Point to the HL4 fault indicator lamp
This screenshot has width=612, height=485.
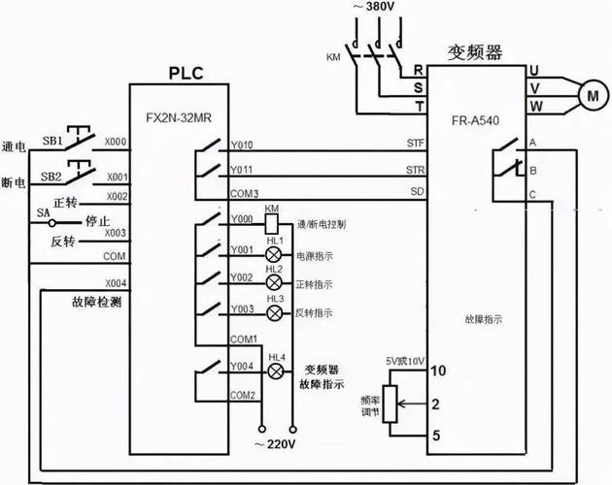[276, 371]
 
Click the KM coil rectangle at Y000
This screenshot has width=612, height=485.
[272, 222]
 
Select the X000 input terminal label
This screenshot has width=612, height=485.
[117, 141]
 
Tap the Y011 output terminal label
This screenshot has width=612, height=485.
[241, 171]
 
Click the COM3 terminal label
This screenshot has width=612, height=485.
[243, 194]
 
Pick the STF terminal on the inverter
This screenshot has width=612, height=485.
[415, 144]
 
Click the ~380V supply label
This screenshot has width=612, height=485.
[375, 8]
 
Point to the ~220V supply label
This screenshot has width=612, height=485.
[277, 445]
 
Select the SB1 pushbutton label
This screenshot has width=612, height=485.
[51, 140]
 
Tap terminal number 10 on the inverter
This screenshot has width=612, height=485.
[438, 371]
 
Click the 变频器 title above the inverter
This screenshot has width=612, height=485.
[475, 51]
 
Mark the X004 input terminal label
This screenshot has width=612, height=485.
[117, 283]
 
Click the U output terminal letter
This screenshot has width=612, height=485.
[534, 70]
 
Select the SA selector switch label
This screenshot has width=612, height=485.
[43, 213]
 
